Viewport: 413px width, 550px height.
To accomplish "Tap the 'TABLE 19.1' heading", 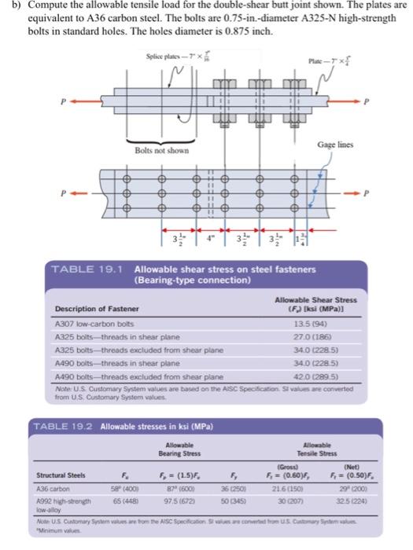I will click(83, 269).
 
